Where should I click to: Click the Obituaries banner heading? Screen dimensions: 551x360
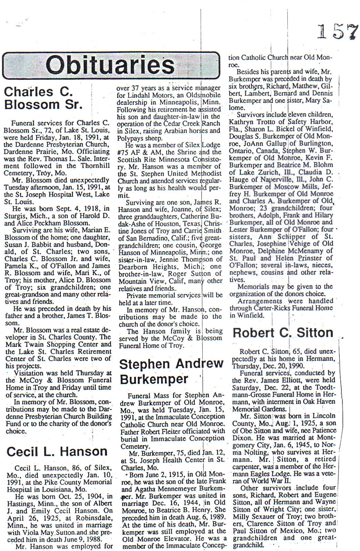point(110,65)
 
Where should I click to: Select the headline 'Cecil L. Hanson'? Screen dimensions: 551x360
point(57,451)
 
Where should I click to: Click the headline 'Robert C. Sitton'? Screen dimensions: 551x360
point(283,333)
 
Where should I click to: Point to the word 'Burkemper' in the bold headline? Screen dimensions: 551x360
point(154,379)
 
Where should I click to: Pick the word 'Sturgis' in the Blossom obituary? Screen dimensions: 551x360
point(15,216)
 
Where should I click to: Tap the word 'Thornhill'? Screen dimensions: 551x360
point(95,166)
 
